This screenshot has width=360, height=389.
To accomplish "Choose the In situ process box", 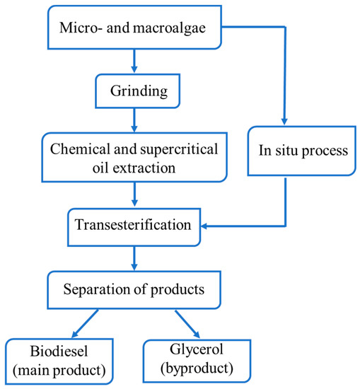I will click(286, 151).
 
